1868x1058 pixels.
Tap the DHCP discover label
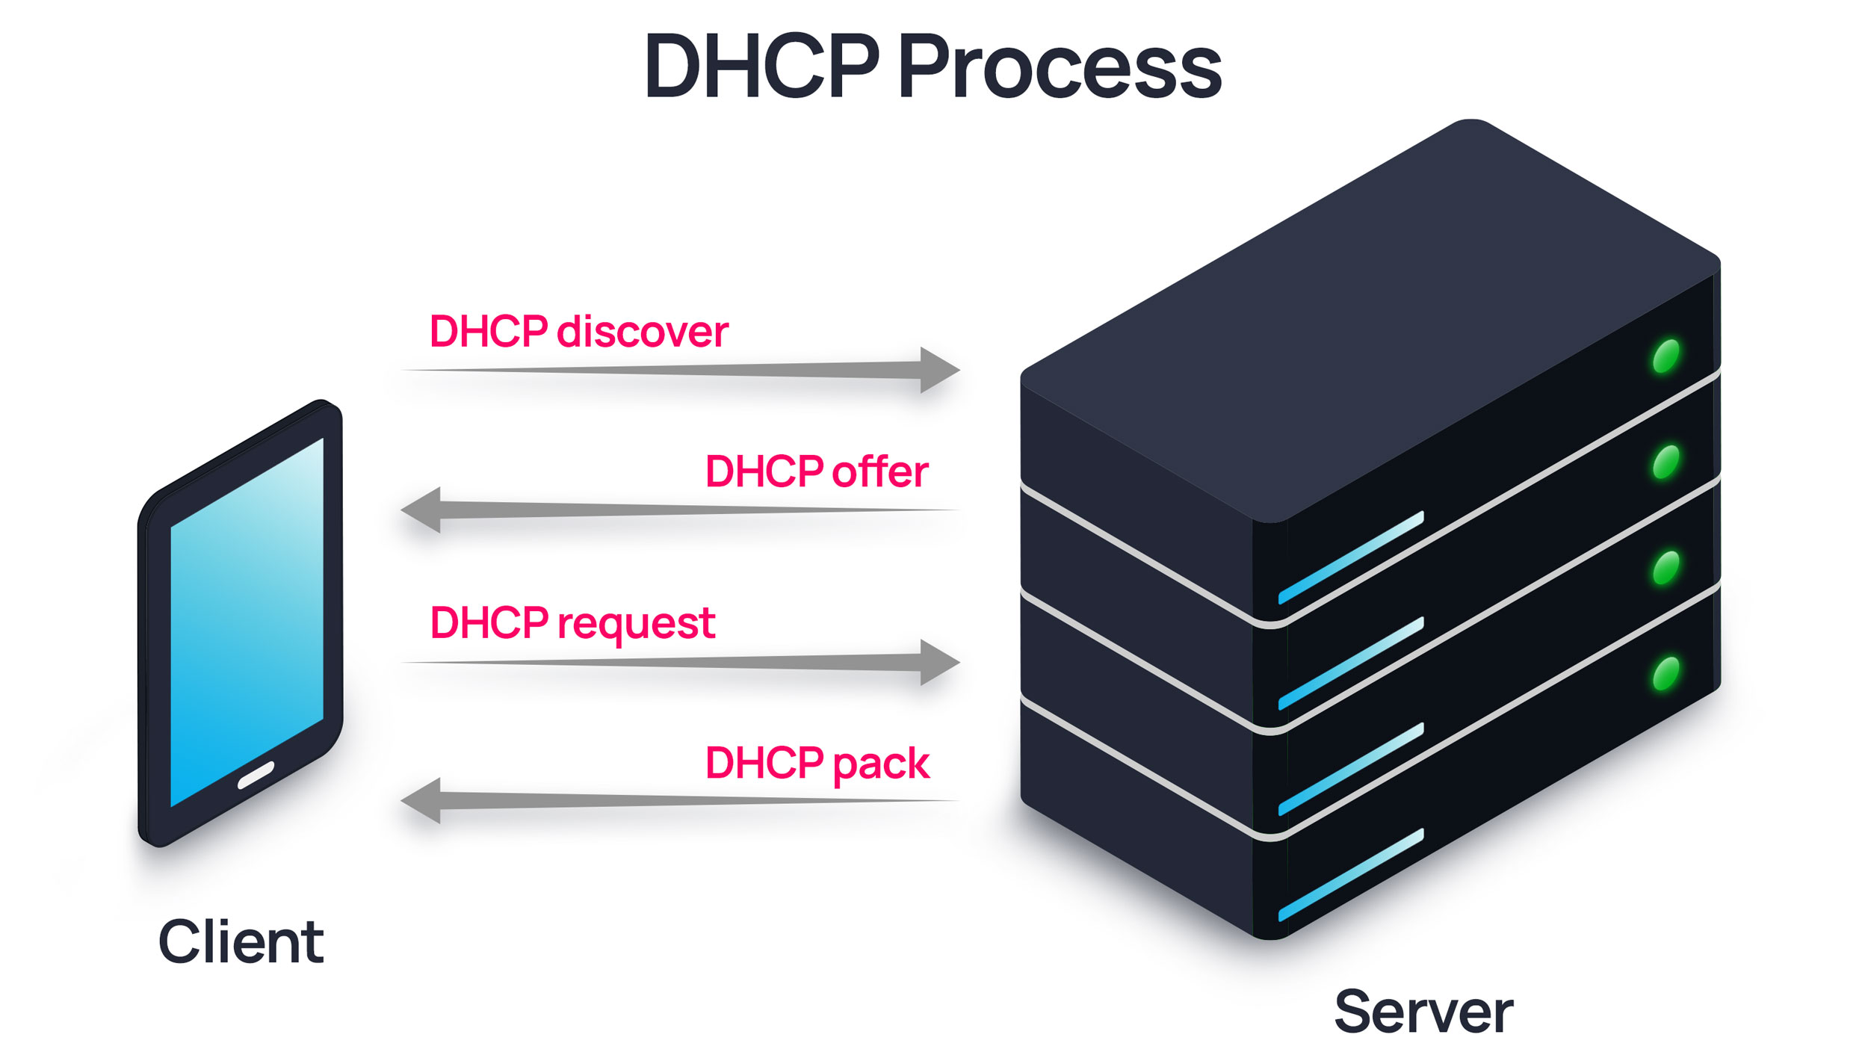578,332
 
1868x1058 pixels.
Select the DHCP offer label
817,472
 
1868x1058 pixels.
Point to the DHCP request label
572,623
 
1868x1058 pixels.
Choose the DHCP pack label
817,764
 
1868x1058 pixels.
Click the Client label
241,942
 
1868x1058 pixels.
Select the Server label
1423,1012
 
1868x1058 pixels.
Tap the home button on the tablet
256,776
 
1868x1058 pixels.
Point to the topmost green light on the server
1666,356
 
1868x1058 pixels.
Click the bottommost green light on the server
1666,674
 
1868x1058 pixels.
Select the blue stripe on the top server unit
1351,557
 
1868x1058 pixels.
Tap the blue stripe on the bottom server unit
1351,875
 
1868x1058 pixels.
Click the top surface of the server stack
1367,314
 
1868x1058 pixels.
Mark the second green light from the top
1666,462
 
